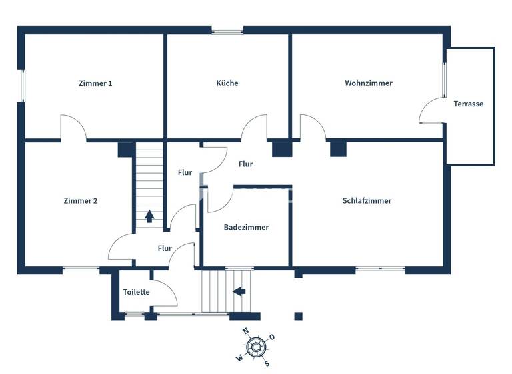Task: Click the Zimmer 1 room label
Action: [x=95, y=83]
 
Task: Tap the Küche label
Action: [x=227, y=83]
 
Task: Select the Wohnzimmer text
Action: [x=369, y=83]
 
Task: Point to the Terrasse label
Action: [x=468, y=104]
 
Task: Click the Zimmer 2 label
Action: [x=81, y=200]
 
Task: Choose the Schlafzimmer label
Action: [x=367, y=200]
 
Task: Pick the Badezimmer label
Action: [x=246, y=227]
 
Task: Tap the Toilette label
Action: [x=136, y=292]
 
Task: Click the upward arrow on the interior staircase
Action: [x=149, y=216]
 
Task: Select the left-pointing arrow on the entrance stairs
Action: [x=239, y=291]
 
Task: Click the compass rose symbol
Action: [x=256, y=346]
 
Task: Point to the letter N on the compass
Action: [x=245, y=331]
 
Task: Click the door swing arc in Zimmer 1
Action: [x=73, y=127]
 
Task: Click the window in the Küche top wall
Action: [x=227, y=30]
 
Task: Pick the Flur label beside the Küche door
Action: [x=245, y=164]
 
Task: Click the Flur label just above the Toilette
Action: [x=165, y=248]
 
